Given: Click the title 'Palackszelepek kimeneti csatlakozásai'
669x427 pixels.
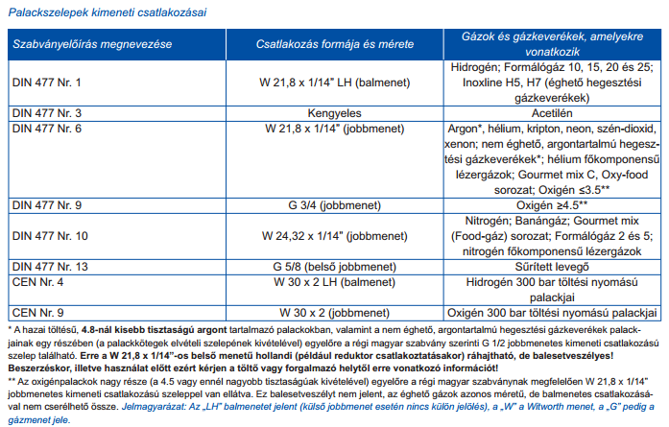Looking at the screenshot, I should tap(112, 12).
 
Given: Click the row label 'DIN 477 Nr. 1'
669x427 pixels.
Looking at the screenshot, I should tap(47, 83).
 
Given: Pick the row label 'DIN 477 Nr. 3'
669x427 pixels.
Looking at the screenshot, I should tap(47, 112).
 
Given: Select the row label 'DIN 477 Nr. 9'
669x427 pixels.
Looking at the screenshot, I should tap(47, 205).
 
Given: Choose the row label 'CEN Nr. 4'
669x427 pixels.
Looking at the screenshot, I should tap(36, 282).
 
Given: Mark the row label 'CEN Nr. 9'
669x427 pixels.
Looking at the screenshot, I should tap(36, 312).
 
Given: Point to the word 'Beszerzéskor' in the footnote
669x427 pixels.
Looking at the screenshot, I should tap(39, 367).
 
